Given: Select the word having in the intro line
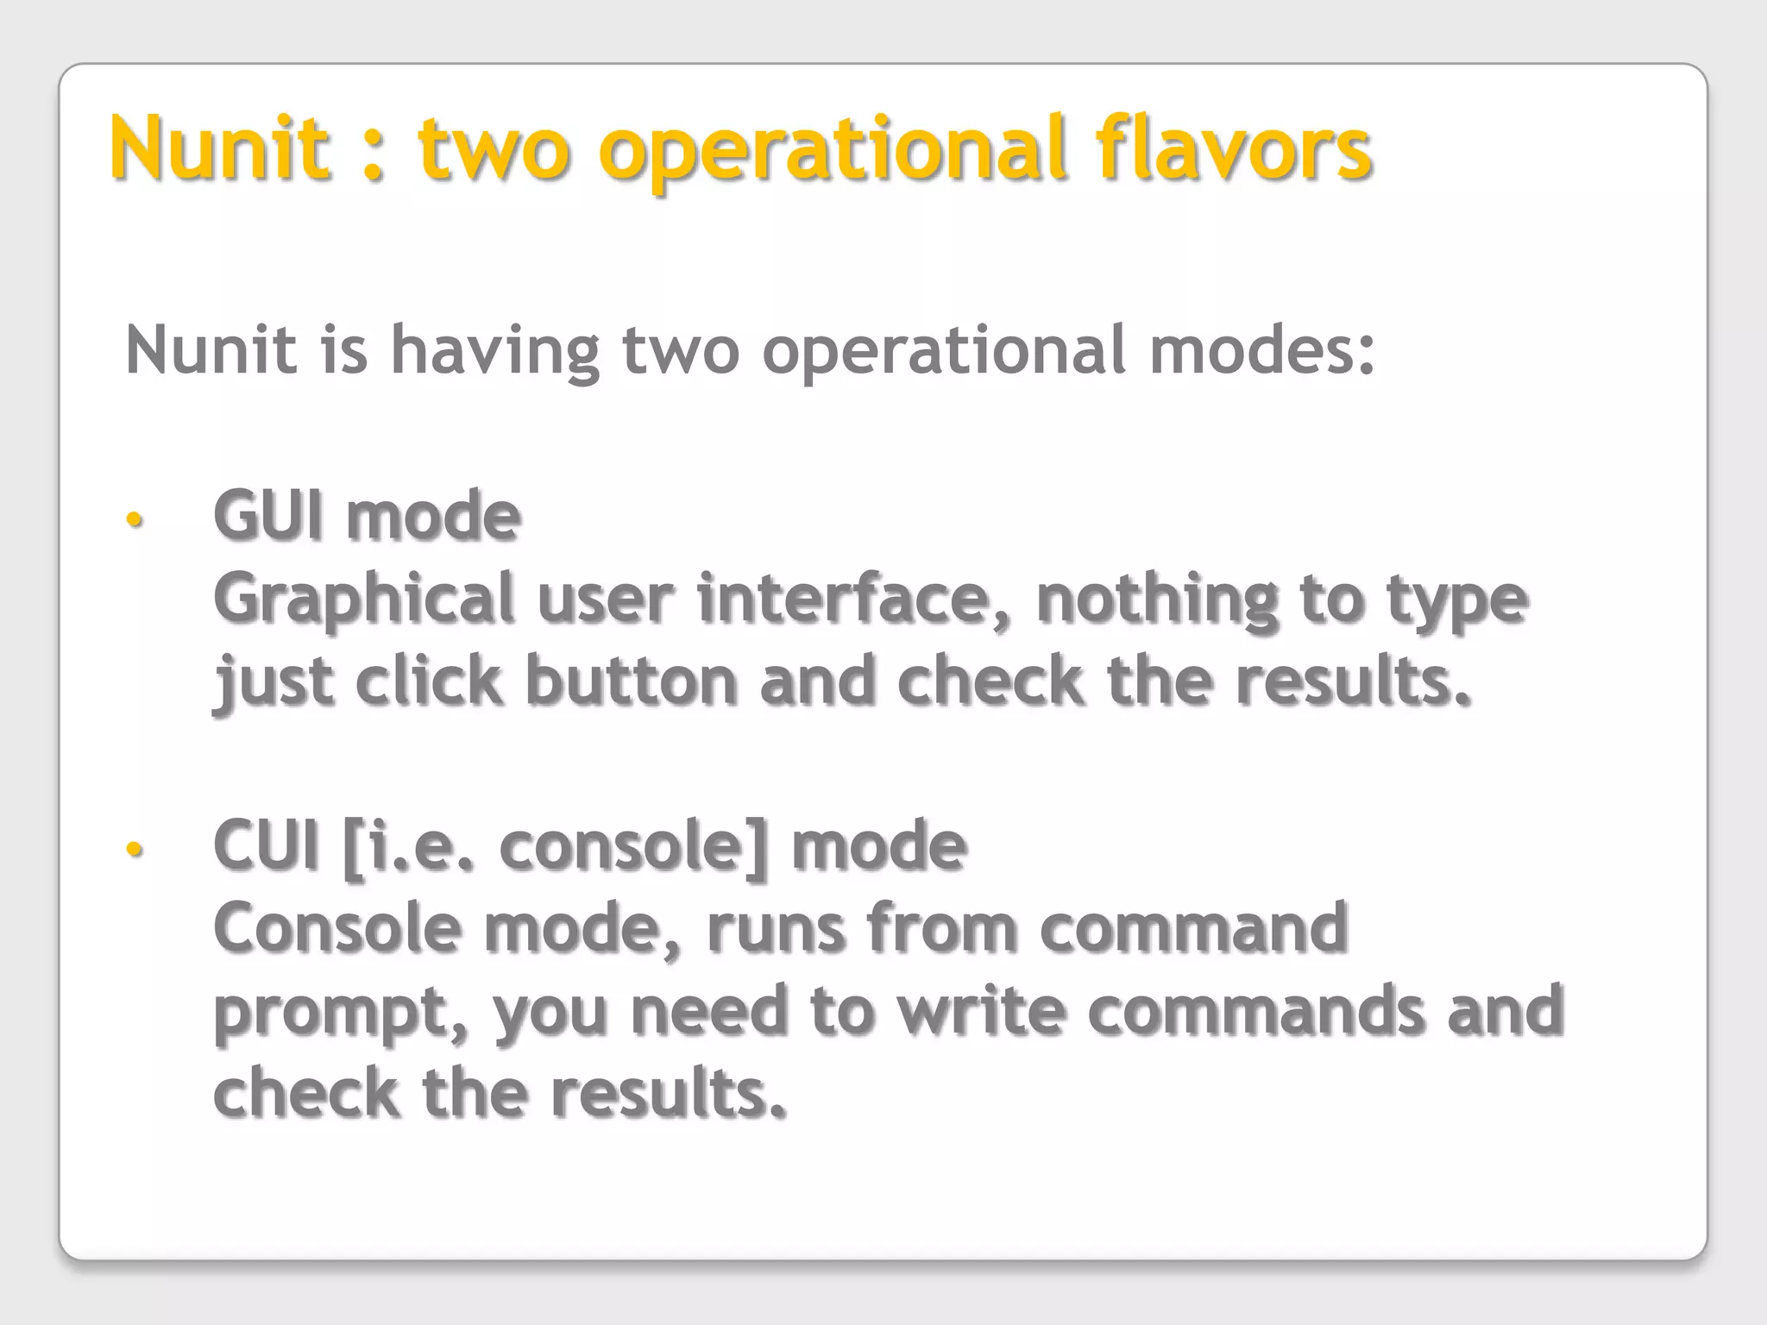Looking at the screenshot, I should pos(495,352).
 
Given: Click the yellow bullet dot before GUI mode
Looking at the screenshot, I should pos(134,519).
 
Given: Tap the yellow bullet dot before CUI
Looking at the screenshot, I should pos(134,849).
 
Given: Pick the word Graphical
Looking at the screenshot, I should pos(363,600).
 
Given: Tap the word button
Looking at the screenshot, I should pos(631,681).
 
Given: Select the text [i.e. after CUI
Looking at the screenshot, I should pos(408,846).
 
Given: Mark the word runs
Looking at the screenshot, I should pos(776,928).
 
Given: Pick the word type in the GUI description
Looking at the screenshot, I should pos(1457,600).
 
